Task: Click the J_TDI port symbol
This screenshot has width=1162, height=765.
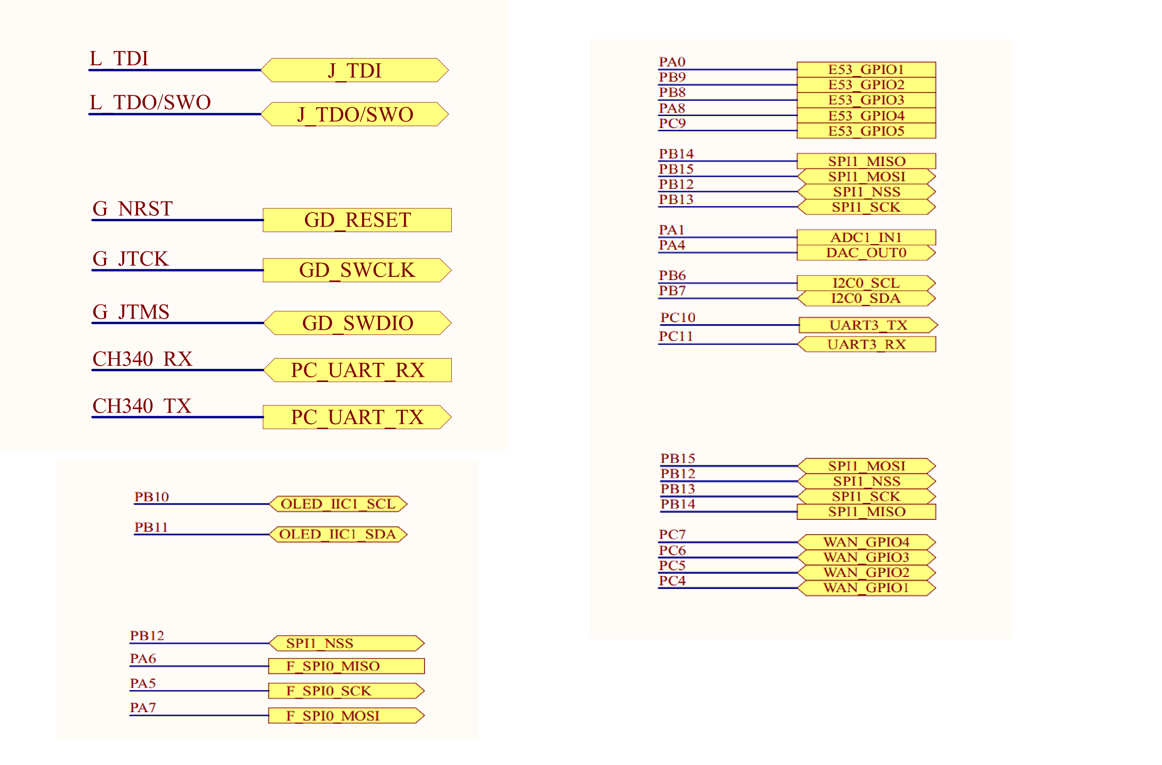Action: tap(355, 70)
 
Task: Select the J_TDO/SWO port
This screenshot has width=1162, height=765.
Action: tap(355, 114)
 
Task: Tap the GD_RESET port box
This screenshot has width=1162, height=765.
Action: tap(357, 220)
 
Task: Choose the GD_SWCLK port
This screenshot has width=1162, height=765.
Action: tap(357, 270)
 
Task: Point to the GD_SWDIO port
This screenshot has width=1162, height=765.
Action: tap(357, 323)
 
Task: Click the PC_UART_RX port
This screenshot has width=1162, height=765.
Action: tap(357, 370)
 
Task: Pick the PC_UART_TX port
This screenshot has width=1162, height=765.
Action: tap(357, 417)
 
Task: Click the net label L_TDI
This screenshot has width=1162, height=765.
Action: tap(119, 58)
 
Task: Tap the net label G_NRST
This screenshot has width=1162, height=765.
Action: tap(132, 209)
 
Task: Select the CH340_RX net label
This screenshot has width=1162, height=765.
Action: tap(142, 359)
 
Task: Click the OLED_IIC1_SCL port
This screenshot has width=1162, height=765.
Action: tap(338, 504)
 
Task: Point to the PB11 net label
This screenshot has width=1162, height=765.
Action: tap(151, 527)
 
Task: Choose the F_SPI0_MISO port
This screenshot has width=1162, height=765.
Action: tap(346, 666)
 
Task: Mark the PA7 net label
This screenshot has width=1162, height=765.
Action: tap(142, 707)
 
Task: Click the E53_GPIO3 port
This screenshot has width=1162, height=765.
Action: tap(866, 100)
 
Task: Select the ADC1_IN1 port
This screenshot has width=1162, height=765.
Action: tap(866, 237)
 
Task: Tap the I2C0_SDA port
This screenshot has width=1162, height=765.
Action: tap(866, 298)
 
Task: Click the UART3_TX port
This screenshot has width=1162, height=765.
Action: tap(868, 325)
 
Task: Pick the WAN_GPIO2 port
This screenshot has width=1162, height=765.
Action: tap(866, 573)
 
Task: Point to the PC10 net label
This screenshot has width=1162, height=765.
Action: tap(678, 318)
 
